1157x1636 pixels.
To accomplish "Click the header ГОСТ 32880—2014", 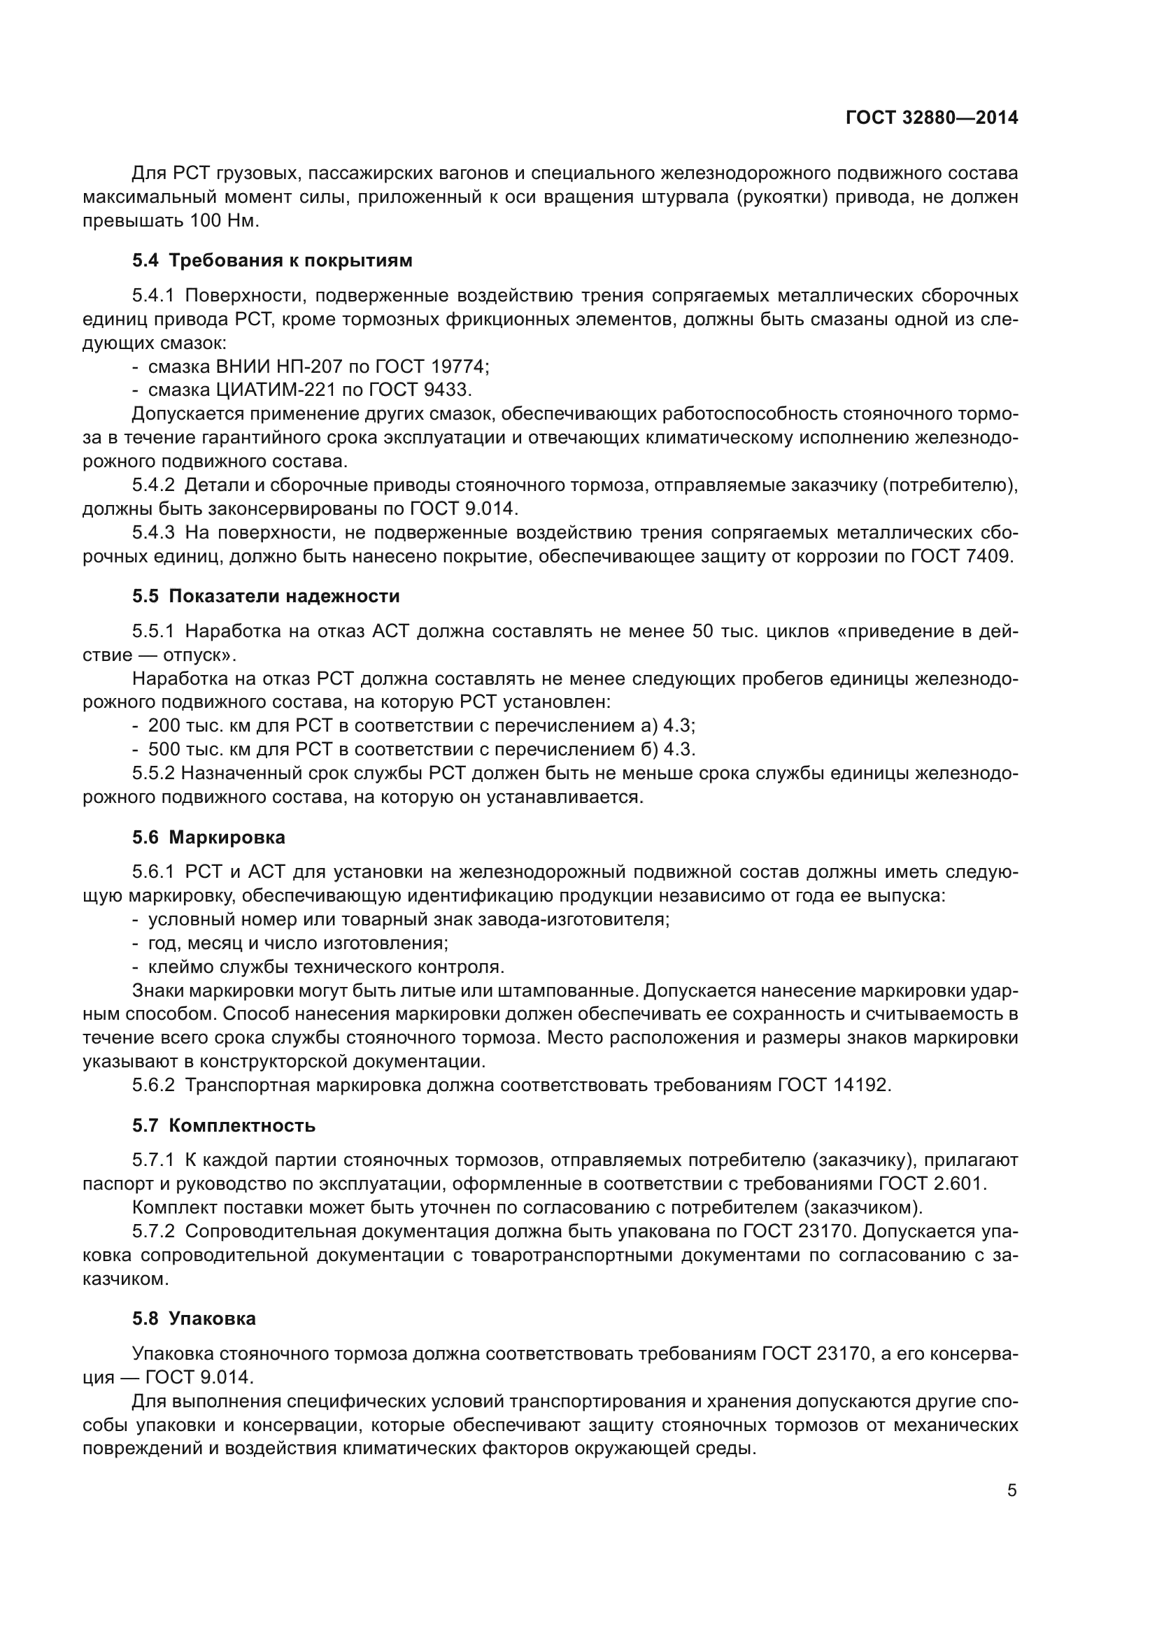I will click(x=931, y=118).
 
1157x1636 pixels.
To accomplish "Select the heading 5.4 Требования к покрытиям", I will click(x=272, y=260).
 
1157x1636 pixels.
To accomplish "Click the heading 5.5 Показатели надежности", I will click(x=266, y=596).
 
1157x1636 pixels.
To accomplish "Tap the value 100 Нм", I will click(x=224, y=221).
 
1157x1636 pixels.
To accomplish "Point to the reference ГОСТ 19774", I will click(x=430, y=367).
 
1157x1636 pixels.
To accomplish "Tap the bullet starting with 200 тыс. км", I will click(x=420, y=725).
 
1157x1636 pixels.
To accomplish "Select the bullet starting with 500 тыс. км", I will click(x=420, y=749).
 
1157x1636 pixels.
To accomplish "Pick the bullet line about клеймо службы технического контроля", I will click(x=325, y=967).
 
